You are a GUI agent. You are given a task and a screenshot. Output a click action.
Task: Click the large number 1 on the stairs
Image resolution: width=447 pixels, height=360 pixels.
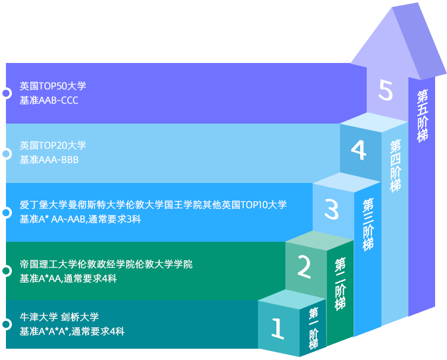point(277,329)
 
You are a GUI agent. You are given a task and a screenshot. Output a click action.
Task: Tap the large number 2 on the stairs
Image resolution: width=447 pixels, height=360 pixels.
point(304,267)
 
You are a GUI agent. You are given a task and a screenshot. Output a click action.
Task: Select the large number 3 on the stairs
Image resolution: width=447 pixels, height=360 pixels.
point(331,209)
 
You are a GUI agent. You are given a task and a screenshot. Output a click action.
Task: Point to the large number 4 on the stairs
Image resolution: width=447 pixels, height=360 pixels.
point(358,151)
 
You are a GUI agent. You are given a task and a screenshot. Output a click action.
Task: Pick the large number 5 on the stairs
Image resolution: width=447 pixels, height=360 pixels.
point(386,91)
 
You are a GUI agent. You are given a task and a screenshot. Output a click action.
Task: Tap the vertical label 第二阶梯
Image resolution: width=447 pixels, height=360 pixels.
point(341,284)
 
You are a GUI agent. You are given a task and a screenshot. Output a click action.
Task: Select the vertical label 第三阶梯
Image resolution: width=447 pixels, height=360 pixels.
point(368,224)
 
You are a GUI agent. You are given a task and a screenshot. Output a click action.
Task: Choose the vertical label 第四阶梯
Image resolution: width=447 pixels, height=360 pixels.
point(395,165)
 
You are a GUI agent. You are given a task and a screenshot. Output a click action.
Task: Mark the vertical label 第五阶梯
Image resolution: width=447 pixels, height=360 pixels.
point(423,115)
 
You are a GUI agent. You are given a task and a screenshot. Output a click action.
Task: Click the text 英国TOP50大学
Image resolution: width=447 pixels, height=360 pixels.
point(53,86)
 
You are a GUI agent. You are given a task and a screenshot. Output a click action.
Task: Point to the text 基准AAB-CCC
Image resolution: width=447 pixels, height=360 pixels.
point(49,100)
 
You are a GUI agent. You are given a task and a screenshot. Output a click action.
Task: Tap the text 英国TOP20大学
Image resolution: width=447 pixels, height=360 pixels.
point(53,145)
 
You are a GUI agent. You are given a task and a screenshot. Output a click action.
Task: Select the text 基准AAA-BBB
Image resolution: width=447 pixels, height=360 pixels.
point(49,160)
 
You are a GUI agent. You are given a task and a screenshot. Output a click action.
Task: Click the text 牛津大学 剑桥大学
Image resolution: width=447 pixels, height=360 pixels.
point(59,317)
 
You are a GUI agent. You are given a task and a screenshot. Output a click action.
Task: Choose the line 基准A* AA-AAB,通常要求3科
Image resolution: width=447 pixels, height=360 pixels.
point(80,219)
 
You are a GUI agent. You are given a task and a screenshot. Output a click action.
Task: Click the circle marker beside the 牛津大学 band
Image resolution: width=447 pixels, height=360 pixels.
point(6,324)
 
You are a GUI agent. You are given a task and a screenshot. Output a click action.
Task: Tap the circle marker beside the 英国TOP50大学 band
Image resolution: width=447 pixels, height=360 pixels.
point(6,93)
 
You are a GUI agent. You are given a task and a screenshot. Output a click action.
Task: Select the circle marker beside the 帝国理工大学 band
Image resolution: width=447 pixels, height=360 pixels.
point(6,271)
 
